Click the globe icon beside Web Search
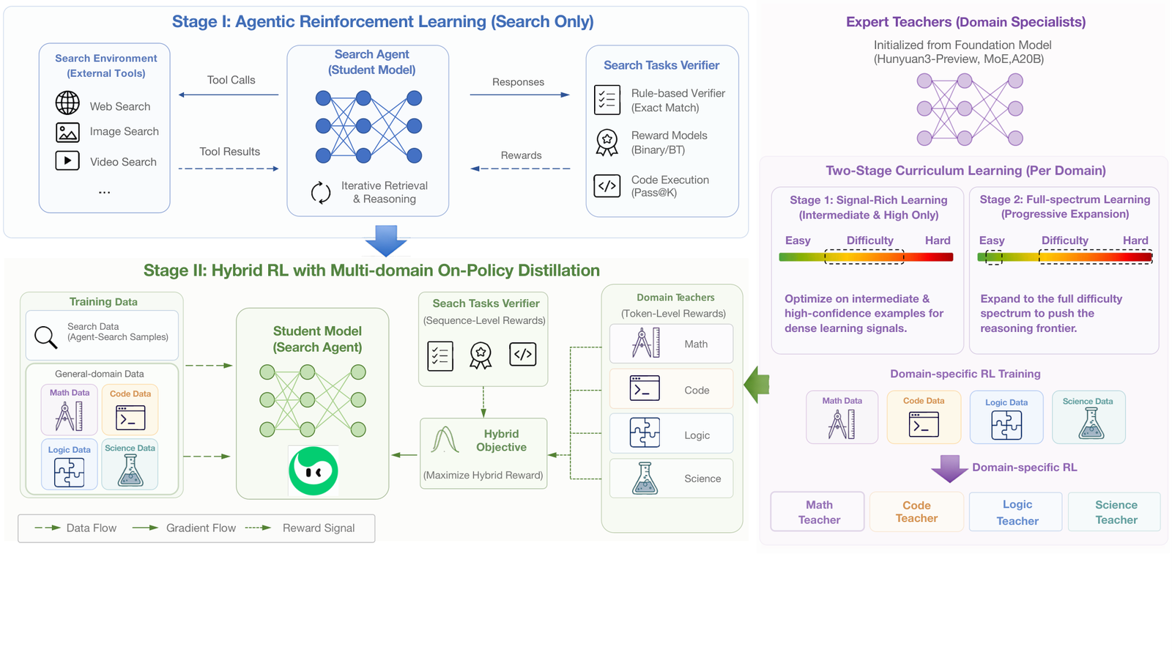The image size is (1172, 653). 67,103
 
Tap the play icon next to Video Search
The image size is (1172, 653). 67,161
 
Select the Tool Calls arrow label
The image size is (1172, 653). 231,80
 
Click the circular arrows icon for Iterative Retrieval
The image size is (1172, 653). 321,193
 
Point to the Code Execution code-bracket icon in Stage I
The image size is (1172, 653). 607,186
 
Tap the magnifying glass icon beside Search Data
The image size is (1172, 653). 45,337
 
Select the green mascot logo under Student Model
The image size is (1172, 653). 314,471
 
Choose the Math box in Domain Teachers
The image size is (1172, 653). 671,344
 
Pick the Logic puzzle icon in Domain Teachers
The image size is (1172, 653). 645,432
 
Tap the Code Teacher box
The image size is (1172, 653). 916,512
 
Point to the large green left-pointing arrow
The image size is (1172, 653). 757,385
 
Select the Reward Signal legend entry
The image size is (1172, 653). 300,528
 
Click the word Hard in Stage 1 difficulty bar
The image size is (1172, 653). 938,240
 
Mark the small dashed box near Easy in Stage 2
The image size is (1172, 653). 994,257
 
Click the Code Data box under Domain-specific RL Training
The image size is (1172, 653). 924,417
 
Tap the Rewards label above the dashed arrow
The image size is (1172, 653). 521,155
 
